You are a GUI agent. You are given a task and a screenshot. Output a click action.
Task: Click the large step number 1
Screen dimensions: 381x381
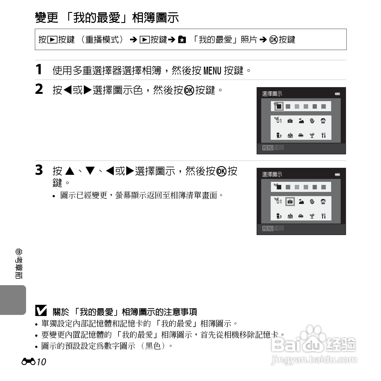(x=39, y=69)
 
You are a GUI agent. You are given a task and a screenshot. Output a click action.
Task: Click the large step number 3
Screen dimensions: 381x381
(x=39, y=170)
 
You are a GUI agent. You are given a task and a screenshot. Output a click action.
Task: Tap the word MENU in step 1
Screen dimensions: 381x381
(x=212, y=71)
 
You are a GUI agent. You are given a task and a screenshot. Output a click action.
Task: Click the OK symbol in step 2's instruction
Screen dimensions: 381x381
(x=189, y=90)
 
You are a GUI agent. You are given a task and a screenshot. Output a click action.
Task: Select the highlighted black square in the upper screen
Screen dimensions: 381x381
(x=279, y=106)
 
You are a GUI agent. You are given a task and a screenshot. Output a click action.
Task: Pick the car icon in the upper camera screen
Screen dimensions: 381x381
(x=301, y=135)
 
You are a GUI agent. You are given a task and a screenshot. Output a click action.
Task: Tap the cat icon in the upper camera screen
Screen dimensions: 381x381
(x=279, y=135)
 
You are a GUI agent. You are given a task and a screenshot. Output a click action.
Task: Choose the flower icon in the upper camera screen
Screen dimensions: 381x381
(x=312, y=121)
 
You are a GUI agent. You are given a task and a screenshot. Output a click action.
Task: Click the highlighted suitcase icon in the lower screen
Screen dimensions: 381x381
(x=290, y=202)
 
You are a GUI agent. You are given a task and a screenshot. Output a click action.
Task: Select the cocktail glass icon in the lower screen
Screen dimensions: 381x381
(x=312, y=216)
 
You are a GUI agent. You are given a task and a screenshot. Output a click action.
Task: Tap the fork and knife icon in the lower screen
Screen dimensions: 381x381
(x=323, y=216)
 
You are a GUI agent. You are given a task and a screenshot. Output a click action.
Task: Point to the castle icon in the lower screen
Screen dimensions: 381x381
(x=290, y=216)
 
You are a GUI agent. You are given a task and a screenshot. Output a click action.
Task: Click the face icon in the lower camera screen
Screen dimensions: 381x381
(x=323, y=202)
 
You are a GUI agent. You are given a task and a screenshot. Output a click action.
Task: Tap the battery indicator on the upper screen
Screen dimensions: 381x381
(x=338, y=94)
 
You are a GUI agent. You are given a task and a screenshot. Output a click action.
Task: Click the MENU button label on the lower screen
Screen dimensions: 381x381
(x=268, y=229)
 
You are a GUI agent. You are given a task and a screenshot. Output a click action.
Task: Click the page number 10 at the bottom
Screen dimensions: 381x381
(x=41, y=362)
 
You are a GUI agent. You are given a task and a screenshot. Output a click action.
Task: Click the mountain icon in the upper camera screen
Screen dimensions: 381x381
(x=301, y=121)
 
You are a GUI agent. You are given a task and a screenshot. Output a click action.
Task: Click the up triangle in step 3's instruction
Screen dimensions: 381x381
(x=70, y=171)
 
